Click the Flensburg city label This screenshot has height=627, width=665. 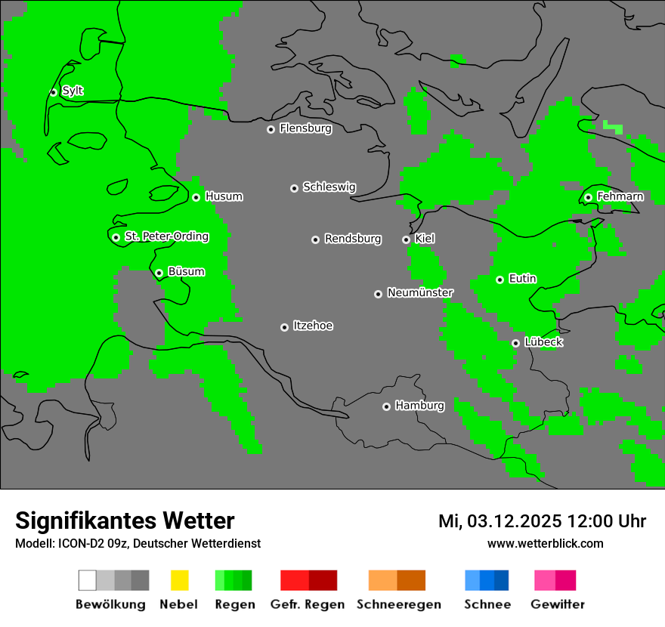(x=305, y=128)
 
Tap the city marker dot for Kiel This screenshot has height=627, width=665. (x=406, y=239)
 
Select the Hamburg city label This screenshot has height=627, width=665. (x=419, y=406)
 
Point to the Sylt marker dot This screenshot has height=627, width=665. (x=53, y=92)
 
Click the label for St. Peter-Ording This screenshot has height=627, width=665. (x=166, y=236)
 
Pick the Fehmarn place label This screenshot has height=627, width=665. (x=620, y=196)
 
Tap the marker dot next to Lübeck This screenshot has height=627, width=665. (x=515, y=343)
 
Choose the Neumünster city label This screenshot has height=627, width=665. (x=420, y=292)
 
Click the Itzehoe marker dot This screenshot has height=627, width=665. (x=284, y=327)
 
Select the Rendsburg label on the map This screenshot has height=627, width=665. (x=353, y=239)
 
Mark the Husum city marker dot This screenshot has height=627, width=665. (x=196, y=197)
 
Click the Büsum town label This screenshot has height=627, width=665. (x=186, y=271)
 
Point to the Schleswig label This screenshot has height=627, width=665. (x=329, y=187)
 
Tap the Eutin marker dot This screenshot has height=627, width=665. (x=500, y=280)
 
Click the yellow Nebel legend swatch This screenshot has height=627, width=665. (x=179, y=580)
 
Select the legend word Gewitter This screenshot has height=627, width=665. (x=557, y=604)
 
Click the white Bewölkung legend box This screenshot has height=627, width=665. (x=88, y=580)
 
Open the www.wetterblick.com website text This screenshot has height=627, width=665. (x=545, y=543)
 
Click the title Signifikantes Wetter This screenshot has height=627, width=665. (x=125, y=520)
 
